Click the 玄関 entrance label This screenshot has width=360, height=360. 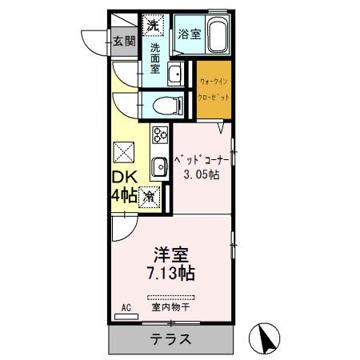(122, 42)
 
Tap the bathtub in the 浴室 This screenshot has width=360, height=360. (218, 36)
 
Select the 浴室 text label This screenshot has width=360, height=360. (190, 35)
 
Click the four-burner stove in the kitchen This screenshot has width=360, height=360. (158, 135)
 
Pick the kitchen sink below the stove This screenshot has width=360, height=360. (158, 166)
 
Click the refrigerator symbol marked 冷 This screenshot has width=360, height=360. (150, 195)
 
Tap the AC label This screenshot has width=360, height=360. (126, 307)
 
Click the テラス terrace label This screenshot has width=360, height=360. (170, 338)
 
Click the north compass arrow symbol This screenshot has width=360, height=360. (268, 340)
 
